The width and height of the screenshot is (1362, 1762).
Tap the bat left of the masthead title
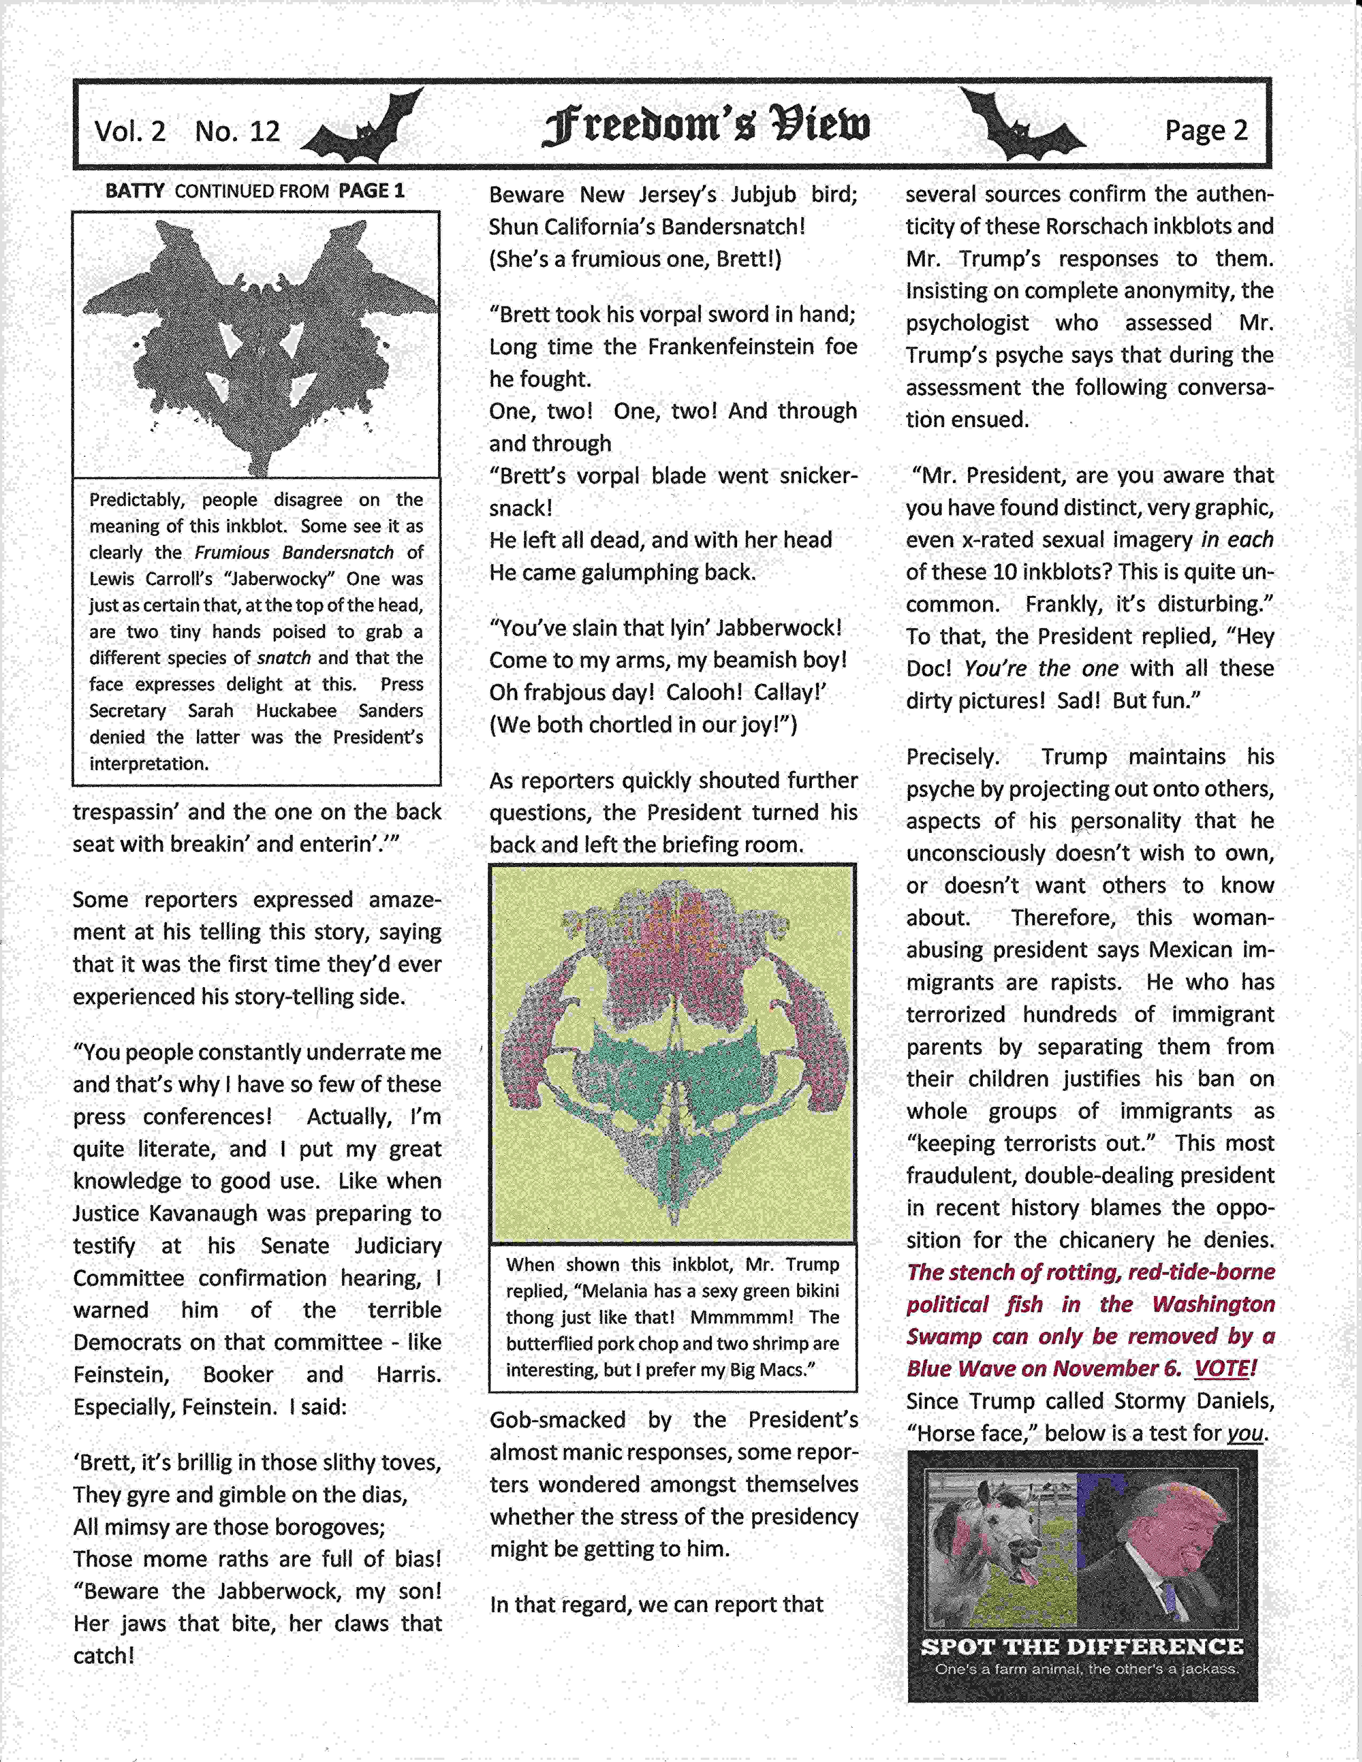[363, 129]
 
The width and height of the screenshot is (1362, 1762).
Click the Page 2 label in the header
[1206, 130]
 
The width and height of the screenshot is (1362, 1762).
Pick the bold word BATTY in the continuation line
[135, 191]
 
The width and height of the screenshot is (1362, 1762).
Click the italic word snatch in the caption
[283, 658]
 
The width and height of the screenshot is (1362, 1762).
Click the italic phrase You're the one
[1041, 669]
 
